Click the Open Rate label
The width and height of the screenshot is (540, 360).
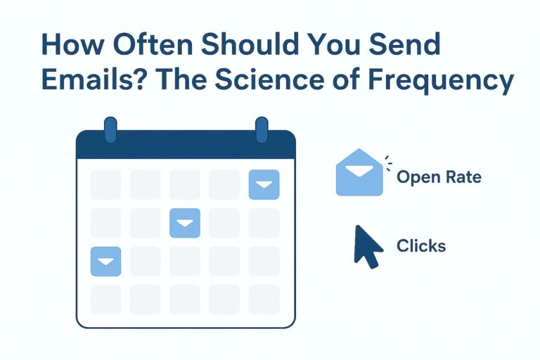pyautogui.click(x=439, y=176)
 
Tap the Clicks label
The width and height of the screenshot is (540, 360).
pyautogui.click(x=420, y=246)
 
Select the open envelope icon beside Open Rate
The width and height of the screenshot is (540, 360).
pyautogui.click(x=359, y=173)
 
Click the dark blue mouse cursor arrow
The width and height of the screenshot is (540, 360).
pyautogui.click(x=368, y=245)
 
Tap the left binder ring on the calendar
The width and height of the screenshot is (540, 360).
pyautogui.click(x=110, y=131)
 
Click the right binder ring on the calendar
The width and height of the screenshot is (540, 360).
pyautogui.click(x=262, y=131)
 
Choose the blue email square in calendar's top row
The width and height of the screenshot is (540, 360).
pyautogui.click(x=264, y=184)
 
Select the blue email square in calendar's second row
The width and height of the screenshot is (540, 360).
pyautogui.click(x=185, y=223)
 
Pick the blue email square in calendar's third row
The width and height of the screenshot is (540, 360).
pyautogui.click(x=106, y=262)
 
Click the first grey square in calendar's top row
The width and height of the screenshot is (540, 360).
pyautogui.click(x=106, y=184)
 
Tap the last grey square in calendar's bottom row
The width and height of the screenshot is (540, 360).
pyautogui.click(x=264, y=300)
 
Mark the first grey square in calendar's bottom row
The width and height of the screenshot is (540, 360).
pyautogui.click(x=106, y=300)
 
